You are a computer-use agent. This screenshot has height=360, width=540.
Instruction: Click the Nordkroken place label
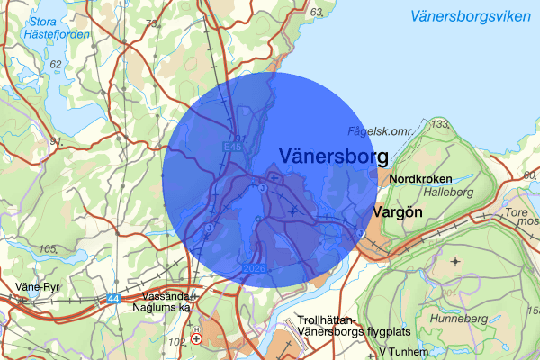click(421, 179)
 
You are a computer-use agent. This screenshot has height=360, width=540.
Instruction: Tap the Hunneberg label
click(461, 319)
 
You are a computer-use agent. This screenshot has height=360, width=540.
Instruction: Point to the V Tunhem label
click(400, 351)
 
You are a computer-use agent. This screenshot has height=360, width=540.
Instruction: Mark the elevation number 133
click(440, 122)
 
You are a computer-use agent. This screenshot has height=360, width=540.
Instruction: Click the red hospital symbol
click(196, 339)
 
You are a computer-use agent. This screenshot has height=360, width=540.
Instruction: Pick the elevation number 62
click(57, 64)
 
